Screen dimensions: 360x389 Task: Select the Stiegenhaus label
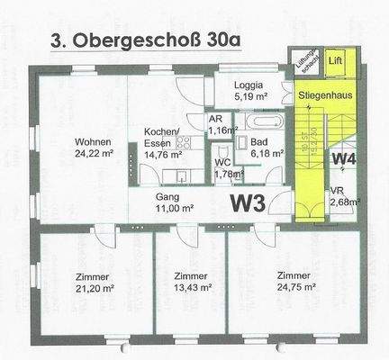[x=325, y=93]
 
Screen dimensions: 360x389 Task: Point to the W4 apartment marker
[x=344, y=159]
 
